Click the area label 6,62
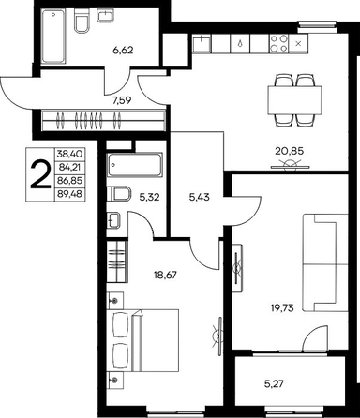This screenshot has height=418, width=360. point(123,50)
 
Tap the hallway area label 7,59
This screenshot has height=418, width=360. point(122,100)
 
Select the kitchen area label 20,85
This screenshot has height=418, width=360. point(289,151)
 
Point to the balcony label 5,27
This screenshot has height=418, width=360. point(274,383)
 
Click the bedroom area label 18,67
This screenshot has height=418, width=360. point(165,275)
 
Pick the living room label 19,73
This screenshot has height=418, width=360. point(282,308)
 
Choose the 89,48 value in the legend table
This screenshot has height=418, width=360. point(69,194)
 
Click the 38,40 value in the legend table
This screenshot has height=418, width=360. point(69,154)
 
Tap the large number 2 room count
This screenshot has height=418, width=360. point(40,174)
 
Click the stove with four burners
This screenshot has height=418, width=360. point(278,43)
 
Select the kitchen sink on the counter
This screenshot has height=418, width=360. point(202,43)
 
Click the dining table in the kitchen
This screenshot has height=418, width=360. point(294,100)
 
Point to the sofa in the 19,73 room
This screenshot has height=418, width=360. point(325,262)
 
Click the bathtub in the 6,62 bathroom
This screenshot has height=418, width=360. point(53,37)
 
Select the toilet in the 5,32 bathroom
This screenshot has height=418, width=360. point(118,194)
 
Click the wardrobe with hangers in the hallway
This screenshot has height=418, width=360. point(103,120)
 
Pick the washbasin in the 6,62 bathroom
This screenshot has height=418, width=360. point(105,16)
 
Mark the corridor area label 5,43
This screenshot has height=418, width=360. point(200,197)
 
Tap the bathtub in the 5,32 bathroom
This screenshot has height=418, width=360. point(135,165)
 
